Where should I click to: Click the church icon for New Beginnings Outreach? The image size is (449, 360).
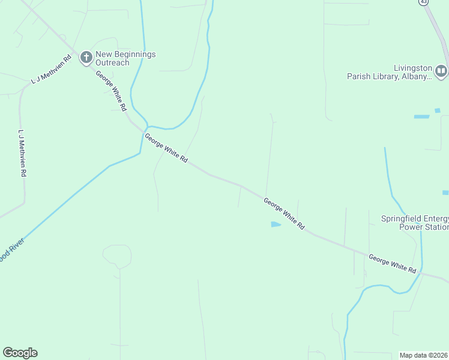[x=86, y=58]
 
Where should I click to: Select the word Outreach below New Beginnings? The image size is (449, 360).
[x=113, y=63]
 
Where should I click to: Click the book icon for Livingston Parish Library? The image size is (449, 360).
[x=441, y=71]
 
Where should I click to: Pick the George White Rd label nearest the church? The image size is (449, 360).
[x=111, y=91]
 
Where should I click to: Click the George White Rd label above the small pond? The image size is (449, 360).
[x=284, y=215]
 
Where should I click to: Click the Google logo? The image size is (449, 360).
[x=20, y=353]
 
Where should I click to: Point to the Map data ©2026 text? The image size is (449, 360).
[x=424, y=355]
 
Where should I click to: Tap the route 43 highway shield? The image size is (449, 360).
[x=424, y=2]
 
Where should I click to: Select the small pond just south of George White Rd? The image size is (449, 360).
[x=276, y=224]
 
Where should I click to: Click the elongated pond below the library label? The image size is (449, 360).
[x=421, y=116]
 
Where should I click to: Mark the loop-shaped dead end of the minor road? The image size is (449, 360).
[x=117, y=256]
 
